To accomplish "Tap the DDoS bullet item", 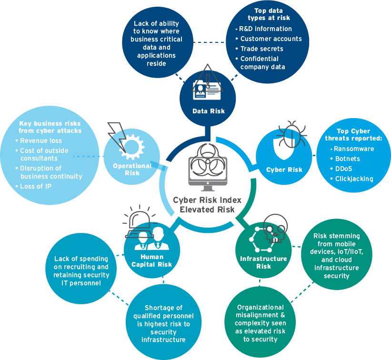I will (344, 169).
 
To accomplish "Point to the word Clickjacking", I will (354, 179).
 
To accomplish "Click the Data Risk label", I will (209, 111).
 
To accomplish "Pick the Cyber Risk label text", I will (284, 170).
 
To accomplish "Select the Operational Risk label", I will (132, 170).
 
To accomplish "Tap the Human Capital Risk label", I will (152, 262).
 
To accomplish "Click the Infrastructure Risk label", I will (263, 262).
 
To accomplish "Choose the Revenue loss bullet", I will (41, 141).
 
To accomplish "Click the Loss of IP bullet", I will (36, 187).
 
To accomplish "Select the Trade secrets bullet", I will (261, 49).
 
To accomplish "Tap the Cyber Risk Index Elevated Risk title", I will (204, 204).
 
